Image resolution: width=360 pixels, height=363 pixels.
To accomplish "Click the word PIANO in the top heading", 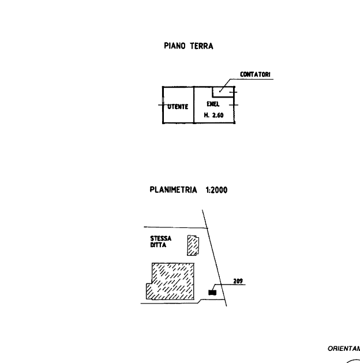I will tap(175, 46).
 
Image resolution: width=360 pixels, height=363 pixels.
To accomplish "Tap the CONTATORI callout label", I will tap(254, 75).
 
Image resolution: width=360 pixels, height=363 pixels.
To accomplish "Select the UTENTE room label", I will tap(178, 107).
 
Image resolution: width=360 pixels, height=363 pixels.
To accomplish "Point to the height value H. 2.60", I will tap(214, 116).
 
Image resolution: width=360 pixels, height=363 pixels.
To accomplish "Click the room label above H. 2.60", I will tap(213, 105).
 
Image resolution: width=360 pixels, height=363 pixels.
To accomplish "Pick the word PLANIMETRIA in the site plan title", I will tap(174, 189).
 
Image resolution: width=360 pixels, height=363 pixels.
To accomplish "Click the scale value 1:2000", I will tap(216, 189).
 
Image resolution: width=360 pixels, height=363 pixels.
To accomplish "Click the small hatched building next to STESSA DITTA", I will tap(193, 245).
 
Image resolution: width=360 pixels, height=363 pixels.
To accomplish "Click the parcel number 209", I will tap(238, 282).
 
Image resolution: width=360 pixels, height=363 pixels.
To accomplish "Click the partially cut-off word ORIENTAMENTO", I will tap(344, 349).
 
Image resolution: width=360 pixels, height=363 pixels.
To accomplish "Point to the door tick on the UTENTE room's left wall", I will tap(160, 105).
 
